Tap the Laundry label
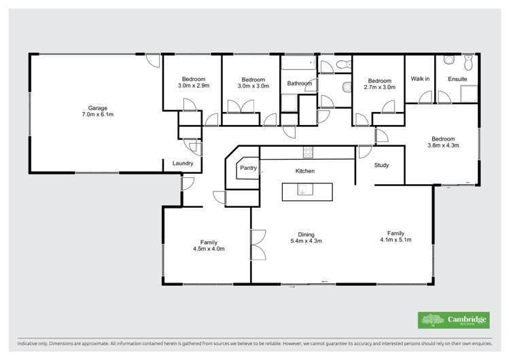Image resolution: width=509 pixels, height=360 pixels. tap(183, 163)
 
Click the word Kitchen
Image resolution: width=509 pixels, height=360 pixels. tap(304, 171)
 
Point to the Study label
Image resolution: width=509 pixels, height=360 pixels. tap(381, 165)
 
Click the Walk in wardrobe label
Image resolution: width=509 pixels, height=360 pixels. tap(420, 79)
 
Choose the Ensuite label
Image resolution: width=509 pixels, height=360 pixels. tap(457, 79)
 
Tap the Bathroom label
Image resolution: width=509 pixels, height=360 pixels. tap(299, 84)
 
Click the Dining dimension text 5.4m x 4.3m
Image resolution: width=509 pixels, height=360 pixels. tap(306, 240)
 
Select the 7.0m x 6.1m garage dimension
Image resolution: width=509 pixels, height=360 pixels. tap(98, 115)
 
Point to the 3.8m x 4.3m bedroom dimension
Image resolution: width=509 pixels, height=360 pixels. tap(444, 145)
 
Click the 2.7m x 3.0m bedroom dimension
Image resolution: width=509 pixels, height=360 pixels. tap(379, 86)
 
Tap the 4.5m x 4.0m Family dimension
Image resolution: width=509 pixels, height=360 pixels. tap(208, 249)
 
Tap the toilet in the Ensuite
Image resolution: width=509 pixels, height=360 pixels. tap(468, 64)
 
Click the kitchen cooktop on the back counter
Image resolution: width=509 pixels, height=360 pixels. tap(308, 152)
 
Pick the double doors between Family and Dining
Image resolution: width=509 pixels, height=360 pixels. tap(256, 244)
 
